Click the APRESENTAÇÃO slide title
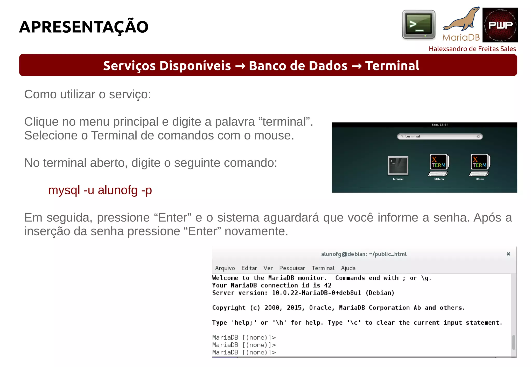83,27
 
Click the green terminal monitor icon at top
418,25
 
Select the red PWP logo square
500,25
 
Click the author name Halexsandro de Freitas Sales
472,49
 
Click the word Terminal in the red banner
392,65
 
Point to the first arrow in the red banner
240,66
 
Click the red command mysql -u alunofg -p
100,190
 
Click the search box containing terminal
440,136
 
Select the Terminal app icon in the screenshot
398,166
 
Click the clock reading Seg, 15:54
440,125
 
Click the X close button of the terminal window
508,254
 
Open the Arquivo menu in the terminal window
225,268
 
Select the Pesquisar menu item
292,268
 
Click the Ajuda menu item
348,268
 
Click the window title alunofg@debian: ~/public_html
364,254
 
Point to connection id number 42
328,285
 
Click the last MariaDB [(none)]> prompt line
244,353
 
